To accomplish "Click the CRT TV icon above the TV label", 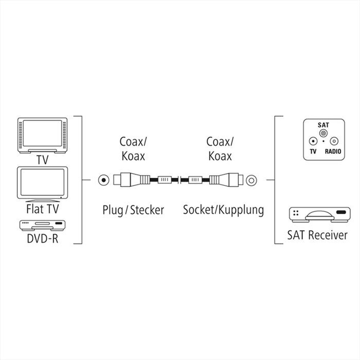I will [42, 135].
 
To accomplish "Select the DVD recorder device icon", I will [42, 225].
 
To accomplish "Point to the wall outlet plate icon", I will [323, 140].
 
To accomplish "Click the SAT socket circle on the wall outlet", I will [324, 133].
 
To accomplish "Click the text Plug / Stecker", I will [133, 210].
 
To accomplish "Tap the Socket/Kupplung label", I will [223, 210].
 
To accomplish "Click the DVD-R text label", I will [42, 238].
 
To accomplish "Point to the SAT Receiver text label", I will [317, 235].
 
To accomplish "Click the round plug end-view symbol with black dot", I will [104, 179].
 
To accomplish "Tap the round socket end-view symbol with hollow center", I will [251, 179].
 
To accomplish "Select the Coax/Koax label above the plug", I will [133, 149].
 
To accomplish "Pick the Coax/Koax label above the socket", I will [219, 149].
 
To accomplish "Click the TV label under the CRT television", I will [42, 160].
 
